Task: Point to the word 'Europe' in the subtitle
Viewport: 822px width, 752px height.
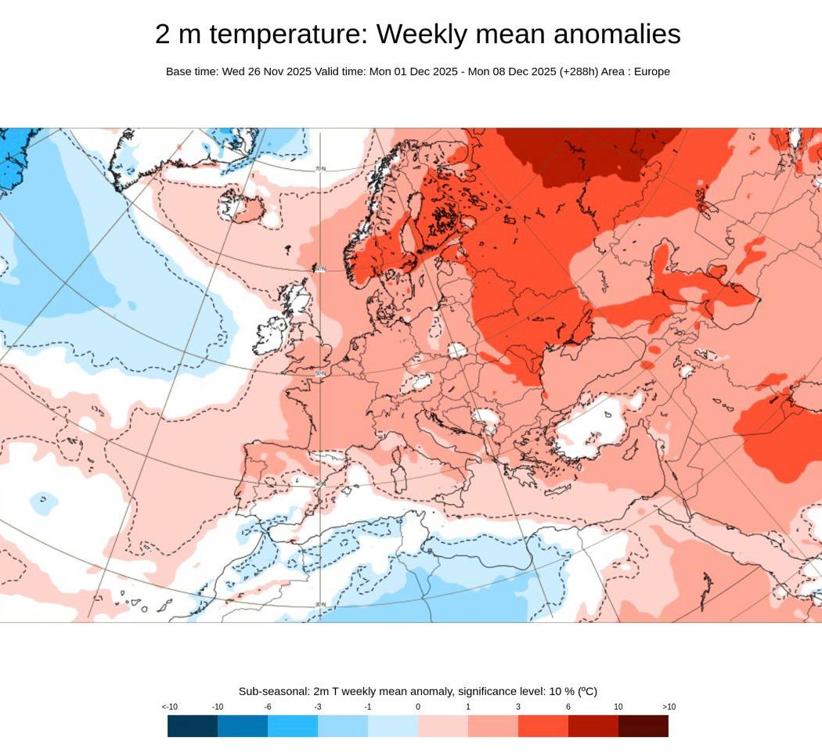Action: (651, 71)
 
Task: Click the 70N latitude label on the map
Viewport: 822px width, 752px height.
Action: (320, 168)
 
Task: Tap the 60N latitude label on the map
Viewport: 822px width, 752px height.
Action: (320, 270)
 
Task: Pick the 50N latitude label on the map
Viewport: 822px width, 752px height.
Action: (319, 373)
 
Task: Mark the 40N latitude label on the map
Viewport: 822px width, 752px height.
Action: (319, 484)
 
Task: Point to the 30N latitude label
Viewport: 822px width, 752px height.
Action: (319, 604)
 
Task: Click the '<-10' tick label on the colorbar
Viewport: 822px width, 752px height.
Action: (170, 707)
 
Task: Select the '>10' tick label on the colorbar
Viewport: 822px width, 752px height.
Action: (669, 707)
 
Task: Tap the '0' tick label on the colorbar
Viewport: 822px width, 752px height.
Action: (418, 707)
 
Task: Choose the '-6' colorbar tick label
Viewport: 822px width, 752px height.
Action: (268, 707)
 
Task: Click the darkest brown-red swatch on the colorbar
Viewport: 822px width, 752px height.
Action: (643, 726)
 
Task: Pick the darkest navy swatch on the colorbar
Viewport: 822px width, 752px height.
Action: (193, 726)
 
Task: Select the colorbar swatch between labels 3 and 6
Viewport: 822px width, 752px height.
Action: (543, 726)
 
